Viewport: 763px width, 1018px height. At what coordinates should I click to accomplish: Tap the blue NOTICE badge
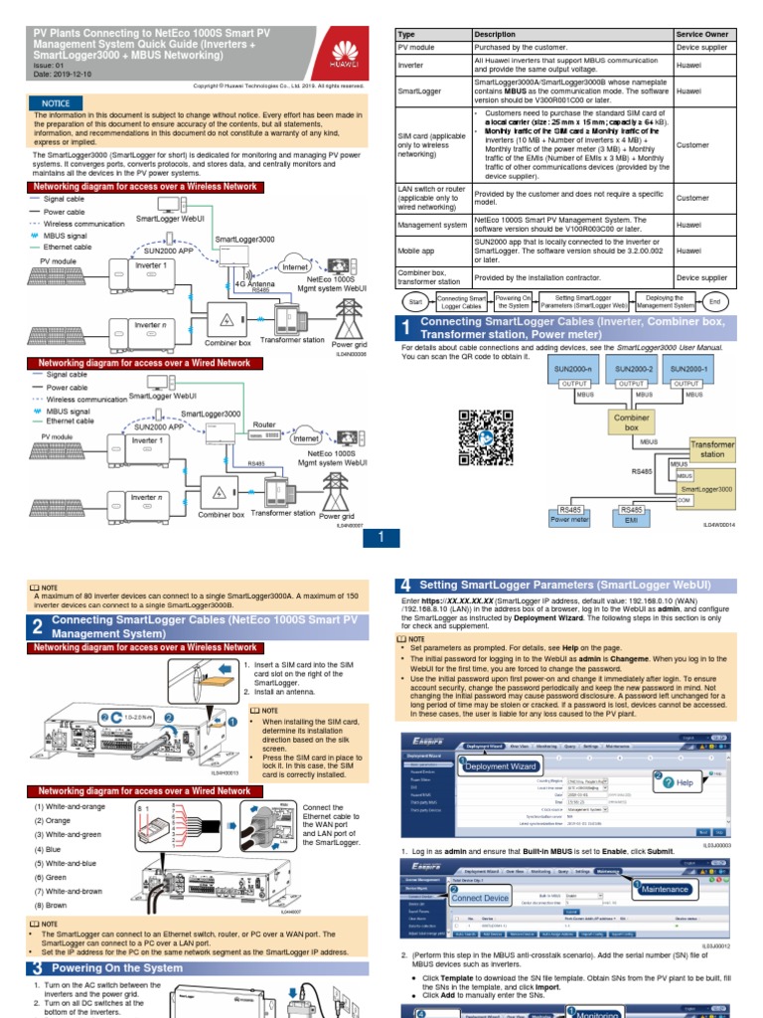(56, 103)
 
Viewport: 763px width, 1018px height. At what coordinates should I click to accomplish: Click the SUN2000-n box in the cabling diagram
(576, 369)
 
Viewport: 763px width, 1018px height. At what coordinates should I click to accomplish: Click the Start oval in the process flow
(416, 301)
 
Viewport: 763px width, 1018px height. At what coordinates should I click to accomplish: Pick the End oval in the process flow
(714, 301)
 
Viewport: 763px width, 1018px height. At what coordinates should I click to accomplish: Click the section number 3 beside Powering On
(37, 968)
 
